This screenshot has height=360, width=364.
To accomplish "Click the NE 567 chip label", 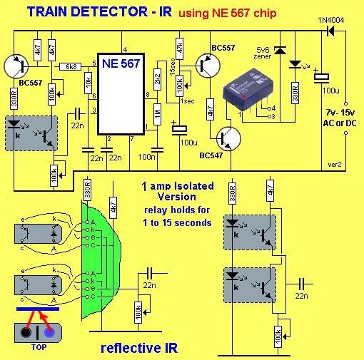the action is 121,63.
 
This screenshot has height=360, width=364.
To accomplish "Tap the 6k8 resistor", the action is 71,66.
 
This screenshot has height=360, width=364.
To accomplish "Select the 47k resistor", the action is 179,48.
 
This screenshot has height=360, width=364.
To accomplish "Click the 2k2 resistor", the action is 157,79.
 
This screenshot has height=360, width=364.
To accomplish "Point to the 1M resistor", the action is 157,114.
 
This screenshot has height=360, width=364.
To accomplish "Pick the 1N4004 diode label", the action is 331,20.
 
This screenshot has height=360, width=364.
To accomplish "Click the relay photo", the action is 248,90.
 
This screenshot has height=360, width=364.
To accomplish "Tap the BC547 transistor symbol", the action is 228,139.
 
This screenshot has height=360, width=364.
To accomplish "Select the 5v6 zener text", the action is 263,53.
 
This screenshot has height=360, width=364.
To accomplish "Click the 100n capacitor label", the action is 146,157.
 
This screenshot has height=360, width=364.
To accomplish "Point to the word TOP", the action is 39,347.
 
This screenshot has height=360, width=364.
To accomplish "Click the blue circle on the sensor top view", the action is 49,332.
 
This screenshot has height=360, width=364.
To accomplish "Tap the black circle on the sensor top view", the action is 26,332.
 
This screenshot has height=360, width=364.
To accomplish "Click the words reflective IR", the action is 139,348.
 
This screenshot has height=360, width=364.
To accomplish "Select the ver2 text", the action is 335,165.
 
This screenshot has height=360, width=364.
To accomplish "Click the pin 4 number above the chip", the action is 125,50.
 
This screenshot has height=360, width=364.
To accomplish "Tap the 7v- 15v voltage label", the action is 340,113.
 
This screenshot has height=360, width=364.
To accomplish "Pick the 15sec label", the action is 173,67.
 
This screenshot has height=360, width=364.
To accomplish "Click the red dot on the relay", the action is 244,97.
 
